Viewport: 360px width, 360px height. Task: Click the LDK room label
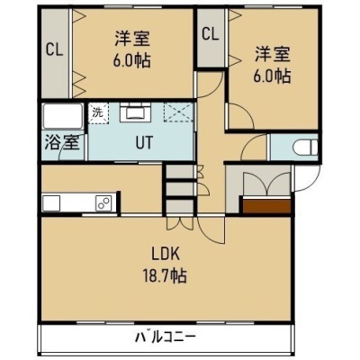click(166, 255)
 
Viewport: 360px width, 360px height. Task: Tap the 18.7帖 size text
click(165, 276)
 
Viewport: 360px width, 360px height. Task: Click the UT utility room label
click(144, 143)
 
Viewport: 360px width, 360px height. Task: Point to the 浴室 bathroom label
click(62, 142)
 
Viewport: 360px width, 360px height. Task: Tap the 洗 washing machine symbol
click(98, 113)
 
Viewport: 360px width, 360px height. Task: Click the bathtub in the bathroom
click(63, 116)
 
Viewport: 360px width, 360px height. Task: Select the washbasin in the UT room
click(135, 112)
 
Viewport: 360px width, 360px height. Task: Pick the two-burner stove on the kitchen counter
click(103, 202)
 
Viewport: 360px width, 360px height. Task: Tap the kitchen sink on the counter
click(51, 203)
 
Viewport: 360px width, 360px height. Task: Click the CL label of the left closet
click(54, 50)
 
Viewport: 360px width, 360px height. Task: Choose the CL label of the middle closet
click(210, 34)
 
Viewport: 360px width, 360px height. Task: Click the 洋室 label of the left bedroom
click(132, 39)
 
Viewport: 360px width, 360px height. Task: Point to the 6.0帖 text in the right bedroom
click(273, 76)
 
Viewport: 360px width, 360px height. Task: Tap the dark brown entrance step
click(266, 206)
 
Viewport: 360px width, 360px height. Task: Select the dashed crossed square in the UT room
click(178, 112)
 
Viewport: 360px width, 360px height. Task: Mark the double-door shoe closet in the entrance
click(266, 184)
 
